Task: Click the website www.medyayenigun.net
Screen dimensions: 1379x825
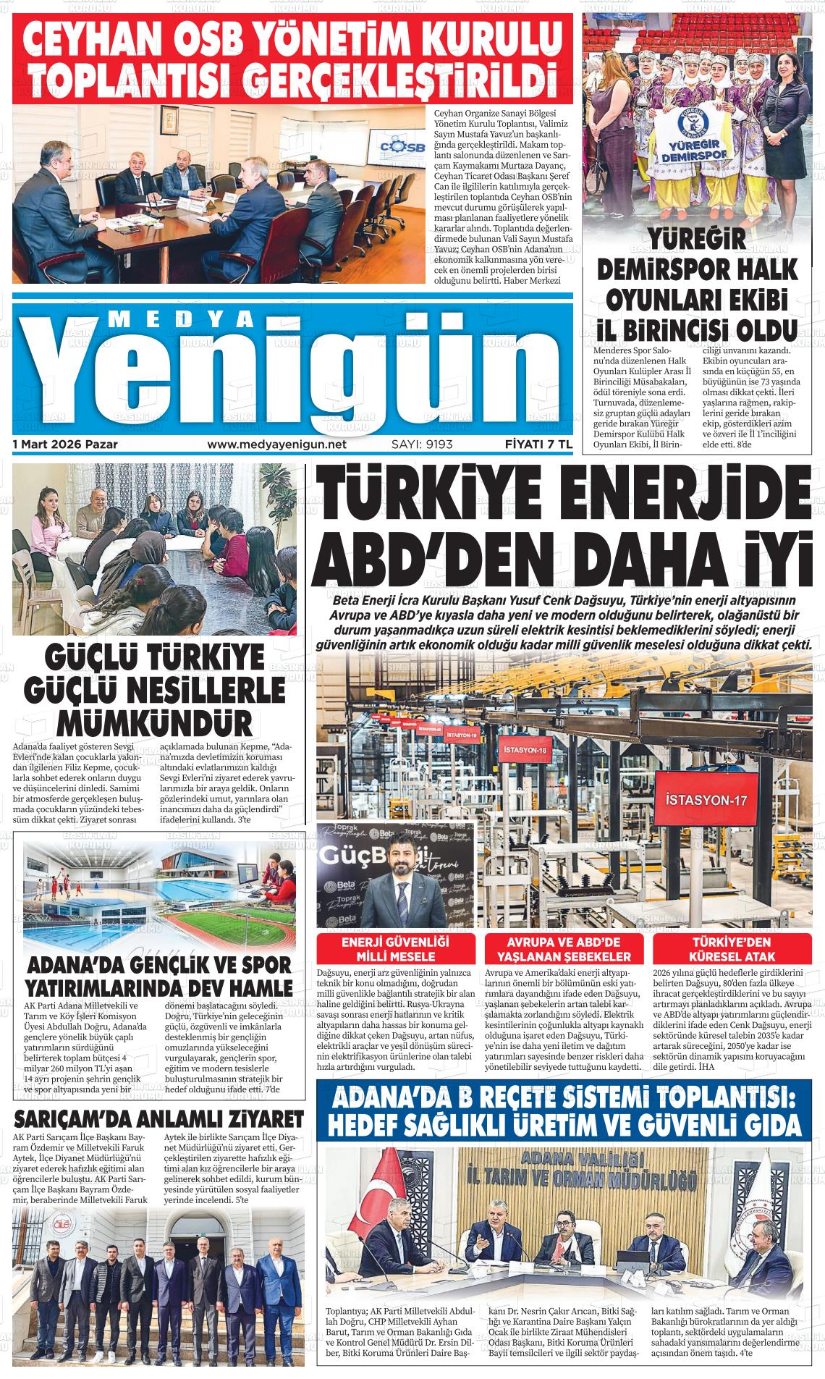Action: [x=276, y=444]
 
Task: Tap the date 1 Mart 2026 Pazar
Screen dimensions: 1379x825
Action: [x=65, y=444]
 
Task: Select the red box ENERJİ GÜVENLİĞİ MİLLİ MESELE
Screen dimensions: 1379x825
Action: [x=395, y=948]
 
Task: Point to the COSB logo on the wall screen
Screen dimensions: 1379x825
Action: [x=391, y=150]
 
